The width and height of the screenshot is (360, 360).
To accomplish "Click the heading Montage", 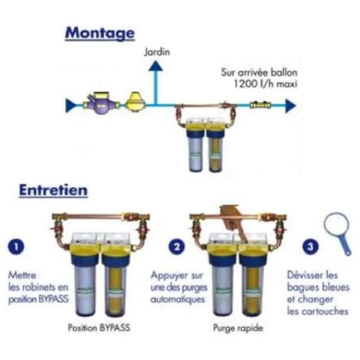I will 100,33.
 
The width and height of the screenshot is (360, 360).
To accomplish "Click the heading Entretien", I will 52,189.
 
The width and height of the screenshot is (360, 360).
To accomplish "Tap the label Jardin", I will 156,53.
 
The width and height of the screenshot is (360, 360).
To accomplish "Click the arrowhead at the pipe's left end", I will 70,104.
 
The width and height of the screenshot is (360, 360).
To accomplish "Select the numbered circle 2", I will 178,247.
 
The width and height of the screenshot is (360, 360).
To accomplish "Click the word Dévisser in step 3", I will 306,273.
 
